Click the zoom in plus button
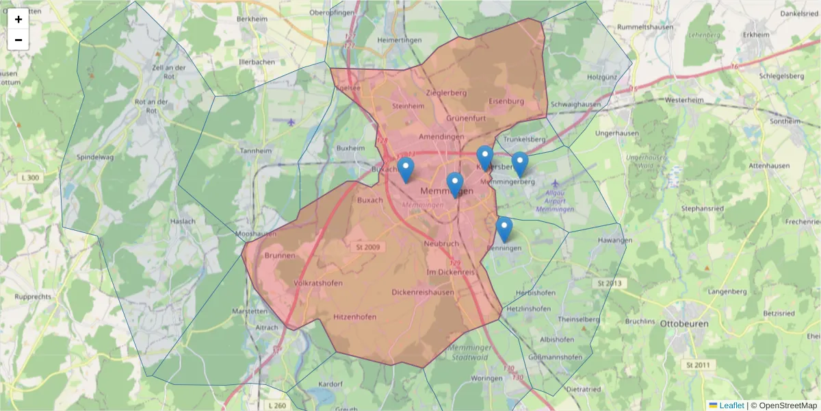[x=18, y=19]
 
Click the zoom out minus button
[x=18, y=40]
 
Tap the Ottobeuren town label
[x=684, y=323]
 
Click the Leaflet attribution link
[x=731, y=406]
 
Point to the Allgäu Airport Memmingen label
[x=555, y=201]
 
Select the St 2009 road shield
[x=367, y=247]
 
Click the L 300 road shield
[x=30, y=178]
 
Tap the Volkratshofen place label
[x=317, y=282]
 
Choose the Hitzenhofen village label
[x=355, y=316]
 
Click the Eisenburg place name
[x=506, y=101]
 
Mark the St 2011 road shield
[x=698, y=366]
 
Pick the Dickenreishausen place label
[x=423, y=292]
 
